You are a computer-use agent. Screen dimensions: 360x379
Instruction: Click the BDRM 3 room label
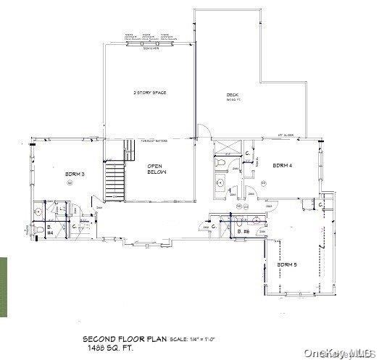click(75, 175)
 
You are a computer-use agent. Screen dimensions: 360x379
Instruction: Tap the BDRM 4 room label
click(283, 166)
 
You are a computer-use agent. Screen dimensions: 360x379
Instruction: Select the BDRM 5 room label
click(288, 265)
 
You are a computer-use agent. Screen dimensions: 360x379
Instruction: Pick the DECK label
click(232, 96)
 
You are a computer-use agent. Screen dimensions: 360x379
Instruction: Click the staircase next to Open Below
click(114, 181)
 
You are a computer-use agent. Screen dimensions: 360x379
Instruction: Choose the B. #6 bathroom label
click(246, 231)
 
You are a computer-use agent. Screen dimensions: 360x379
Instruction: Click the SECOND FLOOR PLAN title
click(125, 339)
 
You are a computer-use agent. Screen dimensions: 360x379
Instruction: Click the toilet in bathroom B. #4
click(38, 212)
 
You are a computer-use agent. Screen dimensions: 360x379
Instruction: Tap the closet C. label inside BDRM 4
click(247, 154)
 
